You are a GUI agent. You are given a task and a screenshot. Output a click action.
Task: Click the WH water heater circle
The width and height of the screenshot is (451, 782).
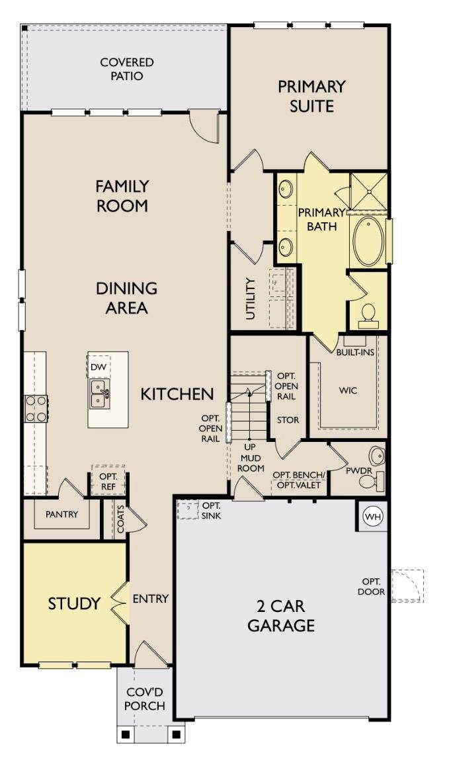pyautogui.click(x=373, y=517)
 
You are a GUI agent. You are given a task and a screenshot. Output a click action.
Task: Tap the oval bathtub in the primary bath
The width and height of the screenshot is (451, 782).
pyautogui.click(x=369, y=241)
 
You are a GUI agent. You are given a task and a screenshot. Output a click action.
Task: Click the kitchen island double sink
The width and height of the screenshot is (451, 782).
pyautogui.click(x=100, y=392)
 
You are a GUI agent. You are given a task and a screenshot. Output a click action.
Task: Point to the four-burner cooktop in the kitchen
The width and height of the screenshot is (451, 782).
pyautogui.click(x=36, y=408)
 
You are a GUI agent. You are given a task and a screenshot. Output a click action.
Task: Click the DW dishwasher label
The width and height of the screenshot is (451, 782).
pyautogui.click(x=99, y=368)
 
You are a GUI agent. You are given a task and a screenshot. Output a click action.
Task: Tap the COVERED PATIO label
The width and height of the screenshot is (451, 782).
pyautogui.click(x=127, y=69)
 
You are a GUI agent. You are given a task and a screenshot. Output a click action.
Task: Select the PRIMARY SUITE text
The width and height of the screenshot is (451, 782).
pyautogui.click(x=311, y=96)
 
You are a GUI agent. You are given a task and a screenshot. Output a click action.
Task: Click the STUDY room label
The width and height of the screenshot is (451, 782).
pyautogui.click(x=74, y=604)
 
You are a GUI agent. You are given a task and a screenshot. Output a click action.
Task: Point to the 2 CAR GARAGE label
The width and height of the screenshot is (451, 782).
pyautogui.click(x=281, y=616)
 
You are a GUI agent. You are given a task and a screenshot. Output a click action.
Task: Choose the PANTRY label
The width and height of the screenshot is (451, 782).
pyautogui.click(x=61, y=514)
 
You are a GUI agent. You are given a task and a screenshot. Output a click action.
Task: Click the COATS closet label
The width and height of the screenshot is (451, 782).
pyautogui.click(x=120, y=519)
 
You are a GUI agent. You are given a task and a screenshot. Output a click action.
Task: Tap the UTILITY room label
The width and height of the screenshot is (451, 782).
pyautogui.click(x=250, y=299)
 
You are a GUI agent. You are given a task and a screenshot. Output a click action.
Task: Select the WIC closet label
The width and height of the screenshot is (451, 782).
pyautogui.click(x=348, y=390)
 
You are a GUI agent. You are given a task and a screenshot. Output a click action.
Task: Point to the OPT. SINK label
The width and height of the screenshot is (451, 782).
pyautogui.click(x=212, y=510)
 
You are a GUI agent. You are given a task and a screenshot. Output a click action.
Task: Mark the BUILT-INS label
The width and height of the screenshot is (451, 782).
pyautogui.click(x=355, y=353)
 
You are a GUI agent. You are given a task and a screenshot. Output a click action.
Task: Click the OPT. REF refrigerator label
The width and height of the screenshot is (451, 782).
pyautogui.click(x=108, y=481)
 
